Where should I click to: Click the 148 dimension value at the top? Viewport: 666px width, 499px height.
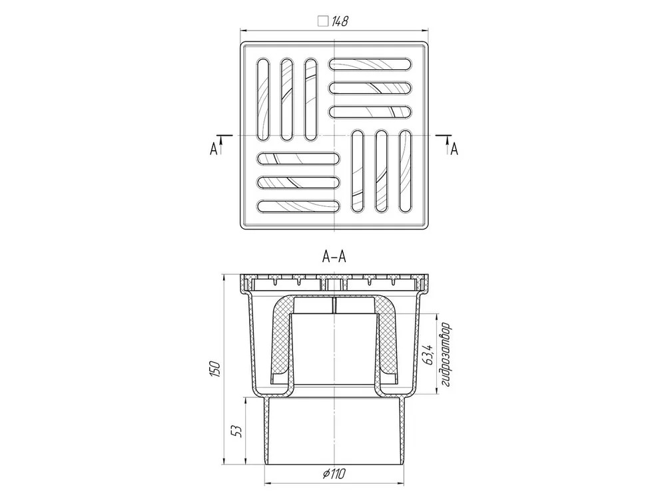point(340,21)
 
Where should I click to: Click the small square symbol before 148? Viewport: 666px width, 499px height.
point(323,21)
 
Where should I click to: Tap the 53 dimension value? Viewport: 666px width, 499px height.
point(238,432)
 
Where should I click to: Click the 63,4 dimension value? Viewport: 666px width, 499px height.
point(428,355)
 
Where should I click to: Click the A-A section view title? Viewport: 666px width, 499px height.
point(334,257)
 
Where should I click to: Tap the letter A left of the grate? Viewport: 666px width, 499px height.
point(214,149)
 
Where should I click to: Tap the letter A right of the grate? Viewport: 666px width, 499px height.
point(454,149)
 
